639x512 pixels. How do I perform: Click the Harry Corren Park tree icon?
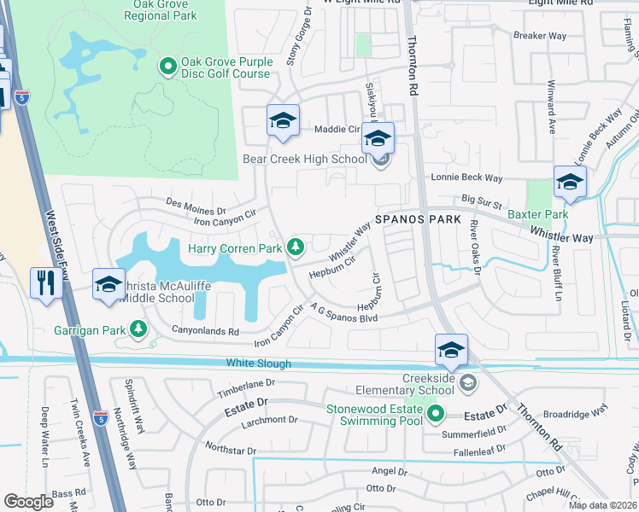pos(296,247)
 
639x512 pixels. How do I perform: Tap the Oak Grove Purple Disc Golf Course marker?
pos(167,65)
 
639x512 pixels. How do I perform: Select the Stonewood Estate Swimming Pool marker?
pos(436,416)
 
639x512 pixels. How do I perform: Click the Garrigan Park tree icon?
pos(137,329)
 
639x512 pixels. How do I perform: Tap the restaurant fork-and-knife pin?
pos(44,283)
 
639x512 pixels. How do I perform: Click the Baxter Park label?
pos(538,215)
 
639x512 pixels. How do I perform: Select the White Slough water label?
pos(259,364)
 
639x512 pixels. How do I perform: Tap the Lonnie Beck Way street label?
pos(466,178)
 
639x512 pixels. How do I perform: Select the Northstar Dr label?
pos(226,450)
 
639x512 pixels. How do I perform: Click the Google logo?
pos(28,501)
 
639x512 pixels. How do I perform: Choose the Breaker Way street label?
pos(540,36)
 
